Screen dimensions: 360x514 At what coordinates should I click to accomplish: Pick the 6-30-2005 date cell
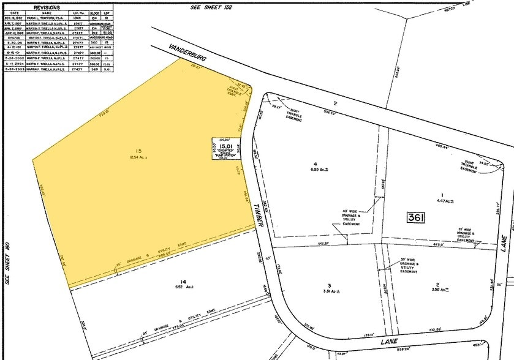point(14,70)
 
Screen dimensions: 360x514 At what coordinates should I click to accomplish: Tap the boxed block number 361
point(415,217)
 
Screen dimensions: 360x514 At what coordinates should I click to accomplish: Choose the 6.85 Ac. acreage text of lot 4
point(316,170)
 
